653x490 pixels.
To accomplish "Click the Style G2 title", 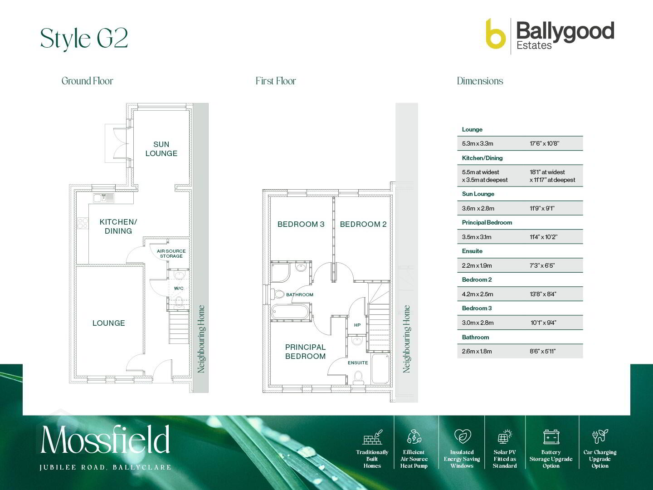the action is pyautogui.click(x=84, y=39).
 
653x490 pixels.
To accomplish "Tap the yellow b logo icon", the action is pyautogui.click(x=495, y=34).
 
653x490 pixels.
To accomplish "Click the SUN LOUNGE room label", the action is pyautogui.click(x=161, y=149).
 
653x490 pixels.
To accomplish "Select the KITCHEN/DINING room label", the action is pyautogui.click(x=118, y=226).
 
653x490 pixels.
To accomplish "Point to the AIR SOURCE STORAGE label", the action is pyautogui.click(x=171, y=254).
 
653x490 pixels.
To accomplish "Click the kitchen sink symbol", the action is pyautogui.click(x=103, y=198).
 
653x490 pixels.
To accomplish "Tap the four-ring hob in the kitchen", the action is pyautogui.click(x=83, y=223).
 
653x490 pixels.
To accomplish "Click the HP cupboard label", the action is pyautogui.click(x=357, y=325).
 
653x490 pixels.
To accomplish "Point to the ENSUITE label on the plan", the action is pyautogui.click(x=358, y=363).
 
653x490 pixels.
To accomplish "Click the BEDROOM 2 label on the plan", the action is pyautogui.click(x=363, y=224).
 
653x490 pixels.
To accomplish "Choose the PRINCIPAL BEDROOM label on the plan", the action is pyautogui.click(x=305, y=352).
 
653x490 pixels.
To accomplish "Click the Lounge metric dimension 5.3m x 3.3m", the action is pyautogui.click(x=478, y=143).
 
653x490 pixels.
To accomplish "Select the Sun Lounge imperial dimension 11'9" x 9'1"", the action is pyautogui.click(x=542, y=208).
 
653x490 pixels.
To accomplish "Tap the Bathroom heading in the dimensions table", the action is pyautogui.click(x=475, y=337).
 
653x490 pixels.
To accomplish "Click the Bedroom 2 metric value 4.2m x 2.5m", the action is pyautogui.click(x=478, y=294).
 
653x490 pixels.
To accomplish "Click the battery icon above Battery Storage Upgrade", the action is pyautogui.click(x=551, y=437).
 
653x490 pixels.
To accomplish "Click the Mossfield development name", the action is pyautogui.click(x=105, y=439).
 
